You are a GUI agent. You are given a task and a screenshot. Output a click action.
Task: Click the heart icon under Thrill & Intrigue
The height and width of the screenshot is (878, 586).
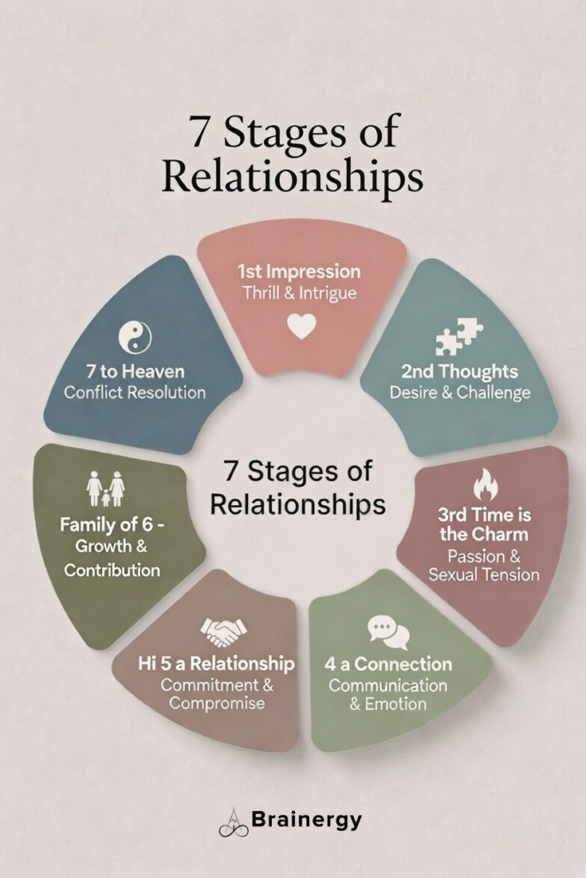pos(301,326)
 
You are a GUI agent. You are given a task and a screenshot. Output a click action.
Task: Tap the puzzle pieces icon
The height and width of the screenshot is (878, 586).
pos(458,336)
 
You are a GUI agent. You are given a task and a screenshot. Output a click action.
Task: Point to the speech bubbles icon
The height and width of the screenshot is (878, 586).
pos(388,633)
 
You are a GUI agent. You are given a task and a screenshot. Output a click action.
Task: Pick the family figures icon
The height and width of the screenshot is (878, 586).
pos(106,489)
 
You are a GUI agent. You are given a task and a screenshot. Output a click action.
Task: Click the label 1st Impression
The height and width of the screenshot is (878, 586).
pos(299,272)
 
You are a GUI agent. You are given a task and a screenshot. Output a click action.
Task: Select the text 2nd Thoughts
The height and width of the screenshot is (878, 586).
pos(460,372)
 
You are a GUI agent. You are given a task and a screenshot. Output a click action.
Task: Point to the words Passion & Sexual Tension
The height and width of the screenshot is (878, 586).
pos(484,565)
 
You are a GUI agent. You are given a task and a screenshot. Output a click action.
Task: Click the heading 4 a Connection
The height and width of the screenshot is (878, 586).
pos(388,665)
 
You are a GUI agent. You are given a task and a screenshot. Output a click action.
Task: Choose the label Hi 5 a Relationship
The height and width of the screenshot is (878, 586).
pos(216,664)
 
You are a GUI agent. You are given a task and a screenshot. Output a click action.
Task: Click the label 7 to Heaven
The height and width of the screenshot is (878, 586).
pos(135,372)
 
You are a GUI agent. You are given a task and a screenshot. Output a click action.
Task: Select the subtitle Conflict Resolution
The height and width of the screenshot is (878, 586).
pos(135,393)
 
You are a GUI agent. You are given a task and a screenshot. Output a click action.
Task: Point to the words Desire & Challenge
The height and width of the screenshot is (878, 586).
pos(460,393)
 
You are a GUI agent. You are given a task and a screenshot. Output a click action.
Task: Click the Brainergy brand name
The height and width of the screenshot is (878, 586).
pos(306,820)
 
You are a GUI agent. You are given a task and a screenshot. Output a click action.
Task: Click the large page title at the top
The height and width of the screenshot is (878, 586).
pos(293,157)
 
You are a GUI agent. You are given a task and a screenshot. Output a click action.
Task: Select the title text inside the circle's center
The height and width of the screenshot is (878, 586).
pos(297,487)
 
